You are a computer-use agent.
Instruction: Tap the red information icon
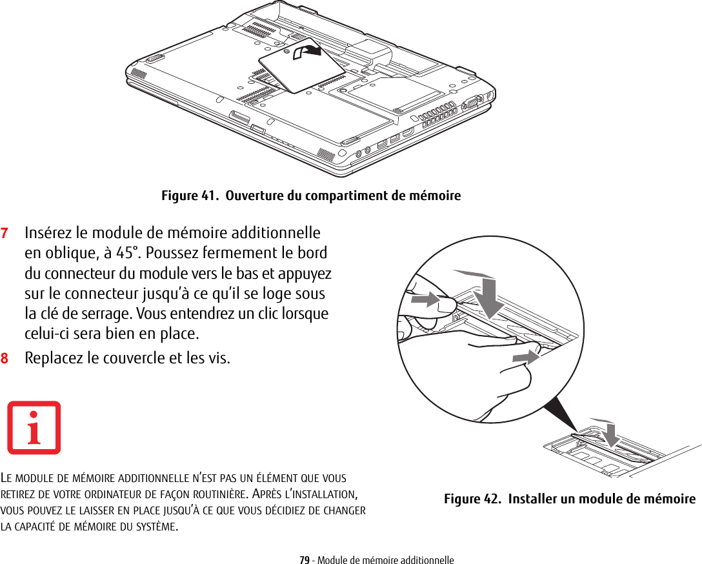click(x=34, y=428)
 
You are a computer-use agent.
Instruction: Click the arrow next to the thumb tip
click(x=426, y=300)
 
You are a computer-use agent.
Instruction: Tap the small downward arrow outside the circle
click(x=607, y=434)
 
